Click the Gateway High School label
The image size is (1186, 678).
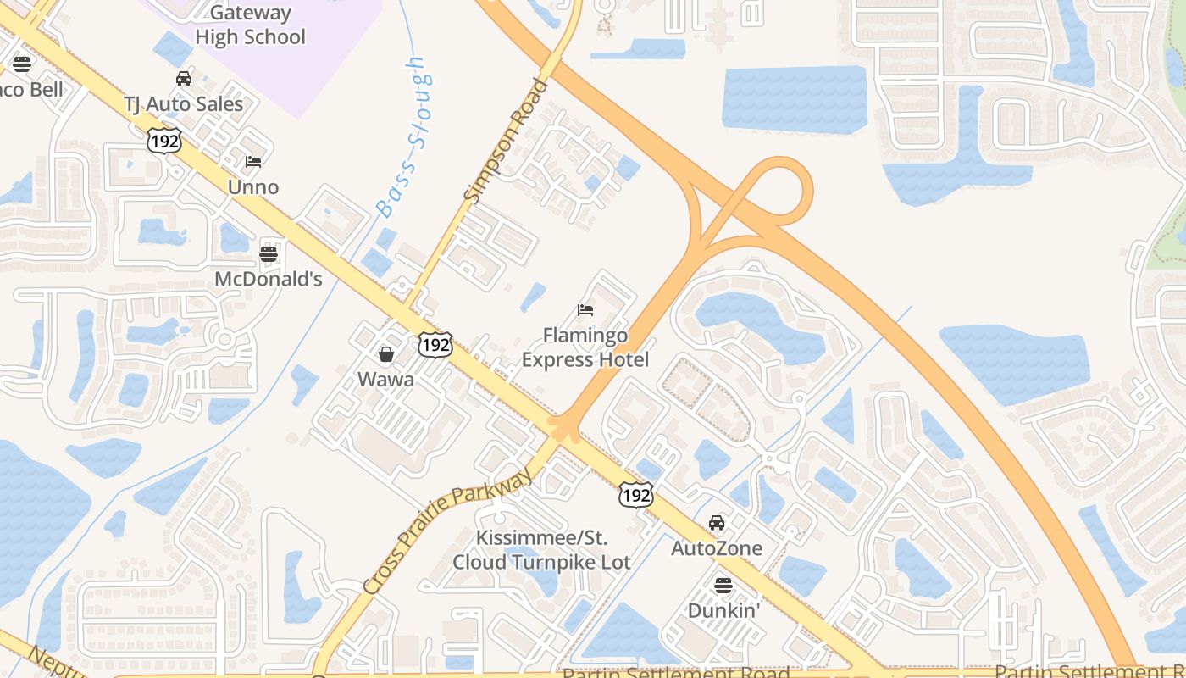(x=250, y=25)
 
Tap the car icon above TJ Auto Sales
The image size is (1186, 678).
(x=184, y=79)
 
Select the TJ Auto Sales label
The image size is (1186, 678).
(x=184, y=104)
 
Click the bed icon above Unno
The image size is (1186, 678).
(x=253, y=161)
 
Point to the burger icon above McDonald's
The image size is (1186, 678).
(x=269, y=253)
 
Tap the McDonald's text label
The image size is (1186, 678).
(x=269, y=279)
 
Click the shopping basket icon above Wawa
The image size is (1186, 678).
(x=386, y=353)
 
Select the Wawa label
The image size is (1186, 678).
(x=386, y=379)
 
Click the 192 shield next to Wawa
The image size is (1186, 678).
(x=435, y=344)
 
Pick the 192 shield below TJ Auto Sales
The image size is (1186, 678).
(x=163, y=140)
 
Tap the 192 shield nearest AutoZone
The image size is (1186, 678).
(x=635, y=494)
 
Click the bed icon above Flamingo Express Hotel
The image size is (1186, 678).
(x=585, y=310)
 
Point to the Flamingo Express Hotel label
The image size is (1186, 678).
(x=585, y=347)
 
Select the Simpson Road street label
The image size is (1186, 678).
(x=507, y=141)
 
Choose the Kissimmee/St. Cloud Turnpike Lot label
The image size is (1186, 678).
(x=542, y=550)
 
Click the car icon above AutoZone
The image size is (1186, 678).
(x=717, y=523)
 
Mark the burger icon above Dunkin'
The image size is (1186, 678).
(x=723, y=585)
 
